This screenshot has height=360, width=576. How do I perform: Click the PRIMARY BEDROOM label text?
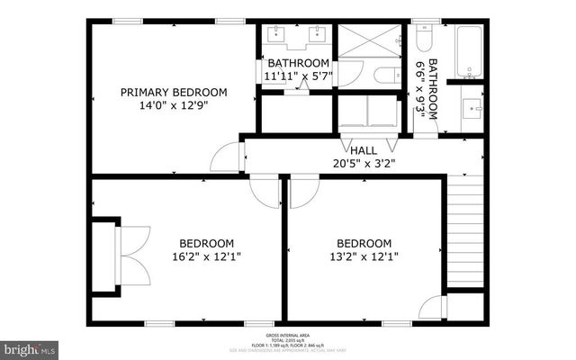coord(174,92)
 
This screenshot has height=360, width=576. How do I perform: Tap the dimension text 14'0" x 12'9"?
coord(174,106)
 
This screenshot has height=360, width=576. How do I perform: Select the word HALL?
coord(364,150)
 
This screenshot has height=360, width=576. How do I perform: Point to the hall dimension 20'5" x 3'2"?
coord(364,164)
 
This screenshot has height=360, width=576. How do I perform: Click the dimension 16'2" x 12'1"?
coord(206,257)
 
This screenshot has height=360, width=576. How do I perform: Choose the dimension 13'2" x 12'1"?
coord(364,257)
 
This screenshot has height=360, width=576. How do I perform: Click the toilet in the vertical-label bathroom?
coord(425,38)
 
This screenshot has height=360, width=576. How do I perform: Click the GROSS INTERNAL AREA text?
coord(287,333)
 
